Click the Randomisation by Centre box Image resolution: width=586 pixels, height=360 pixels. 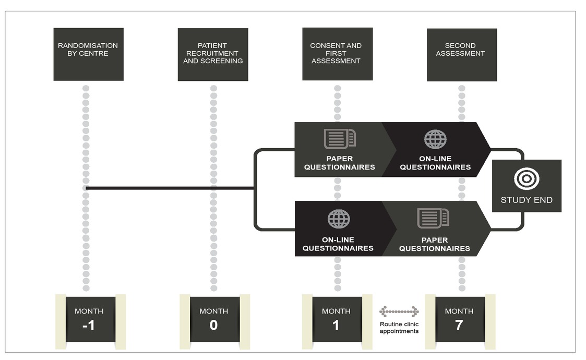pyautogui.click(x=88, y=54)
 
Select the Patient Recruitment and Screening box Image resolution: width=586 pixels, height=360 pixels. pyautogui.click(x=213, y=54)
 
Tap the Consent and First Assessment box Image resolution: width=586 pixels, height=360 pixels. pyautogui.click(x=337, y=54)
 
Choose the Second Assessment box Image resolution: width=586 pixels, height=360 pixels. pyautogui.click(x=461, y=54)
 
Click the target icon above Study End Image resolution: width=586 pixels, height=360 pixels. pyautogui.click(x=527, y=179)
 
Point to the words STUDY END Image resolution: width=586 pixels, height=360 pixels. pyautogui.click(x=527, y=200)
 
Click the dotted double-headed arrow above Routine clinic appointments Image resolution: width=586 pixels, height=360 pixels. pyautogui.click(x=399, y=311)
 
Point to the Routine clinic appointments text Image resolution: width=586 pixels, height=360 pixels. pyautogui.click(x=399, y=327)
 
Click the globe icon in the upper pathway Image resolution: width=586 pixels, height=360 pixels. pyautogui.click(x=435, y=139)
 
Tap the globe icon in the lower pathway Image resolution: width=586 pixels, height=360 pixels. pyautogui.click(x=338, y=219)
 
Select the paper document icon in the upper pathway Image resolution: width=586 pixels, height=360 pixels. pyautogui.click(x=340, y=138)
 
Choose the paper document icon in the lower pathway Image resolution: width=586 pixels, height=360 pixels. pyautogui.click(x=433, y=218)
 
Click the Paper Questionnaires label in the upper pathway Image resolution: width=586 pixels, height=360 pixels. pyautogui.click(x=339, y=163)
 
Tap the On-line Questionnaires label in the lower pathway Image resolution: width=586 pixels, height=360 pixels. pyautogui.click(x=338, y=244)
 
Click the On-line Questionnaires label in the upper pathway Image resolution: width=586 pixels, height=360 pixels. pyautogui.click(x=435, y=163)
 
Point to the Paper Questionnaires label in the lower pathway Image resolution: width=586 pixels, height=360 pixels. pyautogui.click(x=434, y=244)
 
